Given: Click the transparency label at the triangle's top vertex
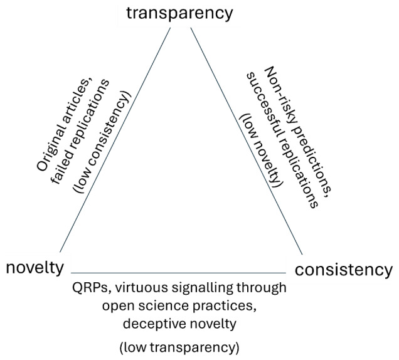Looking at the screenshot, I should pyautogui.click(x=179, y=13).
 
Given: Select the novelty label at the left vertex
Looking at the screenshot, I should pyautogui.click(x=35, y=268).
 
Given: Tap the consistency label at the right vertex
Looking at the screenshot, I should pyautogui.click(x=344, y=270).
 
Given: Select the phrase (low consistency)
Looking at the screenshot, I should pyautogui.click(x=109, y=146).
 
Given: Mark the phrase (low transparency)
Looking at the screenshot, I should pyautogui.click(x=179, y=346).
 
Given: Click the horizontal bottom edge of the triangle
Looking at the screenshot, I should pyautogui.click(x=179, y=273).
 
